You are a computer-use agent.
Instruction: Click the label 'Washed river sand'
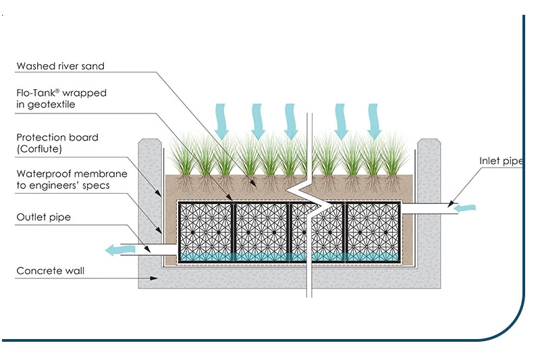click(61, 66)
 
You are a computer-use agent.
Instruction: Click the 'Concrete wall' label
click(51, 271)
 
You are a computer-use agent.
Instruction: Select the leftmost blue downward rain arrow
click(222, 120)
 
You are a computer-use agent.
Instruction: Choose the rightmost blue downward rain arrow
click(374, 120)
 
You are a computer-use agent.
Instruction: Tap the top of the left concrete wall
click(150, 143)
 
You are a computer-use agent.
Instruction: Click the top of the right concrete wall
click(429, 143)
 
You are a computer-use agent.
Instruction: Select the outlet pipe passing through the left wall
click(159, 250)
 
